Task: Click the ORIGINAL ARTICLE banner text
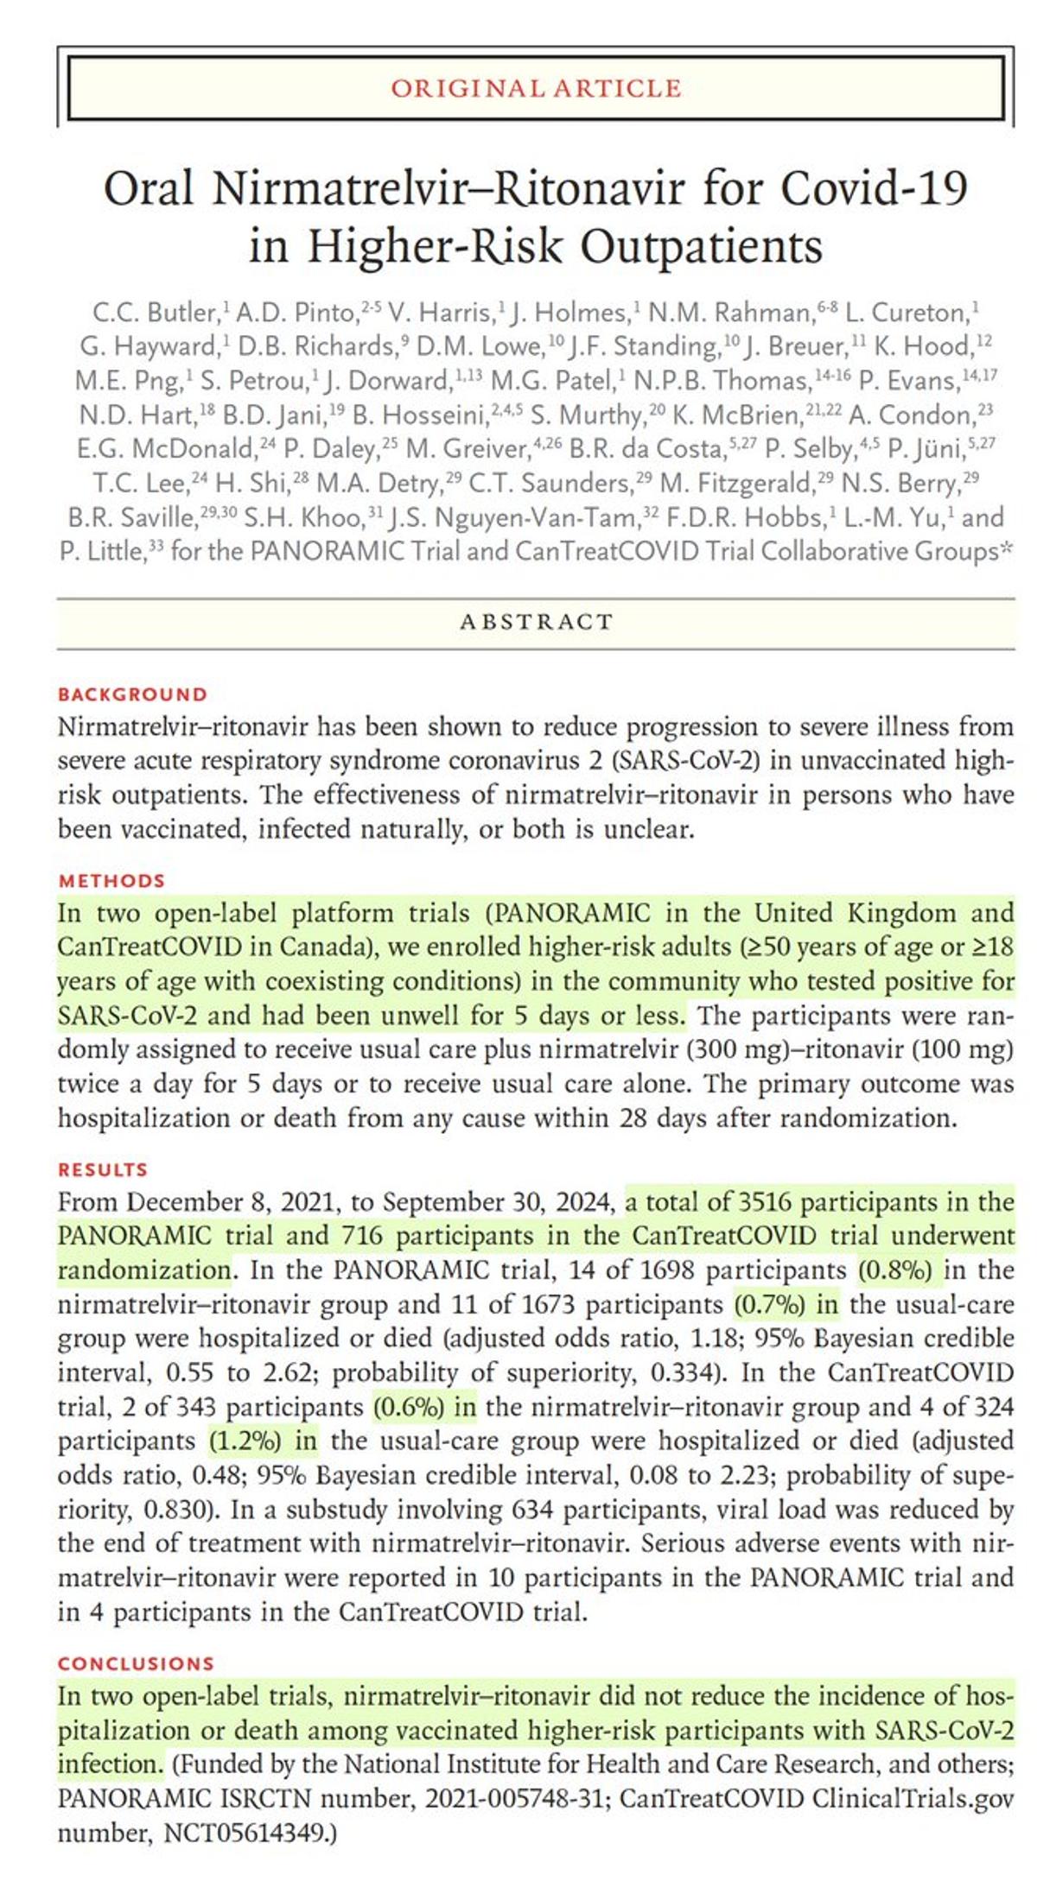click(x=536, y=88)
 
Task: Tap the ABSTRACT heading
click(x=536, y=622)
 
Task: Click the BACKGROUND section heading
click(x=133, y=694)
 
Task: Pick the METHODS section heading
click(x=111, y=881)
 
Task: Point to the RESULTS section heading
click(x=103, y=1169)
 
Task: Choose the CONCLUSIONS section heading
click(x=136, y=1663)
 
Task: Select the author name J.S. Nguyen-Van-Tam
click(x=513, y=517)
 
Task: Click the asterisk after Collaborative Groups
click(x=1007, y=549)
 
